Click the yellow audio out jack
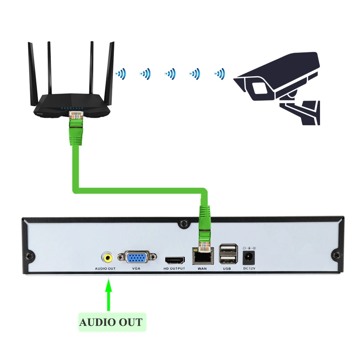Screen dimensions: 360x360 tap(107, 257)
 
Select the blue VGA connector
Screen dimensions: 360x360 tap(136, 258)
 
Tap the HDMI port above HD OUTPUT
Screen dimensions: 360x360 tap(175, 260)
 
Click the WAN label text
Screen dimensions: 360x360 tap(202, 269)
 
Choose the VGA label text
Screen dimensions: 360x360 tap(136, 269)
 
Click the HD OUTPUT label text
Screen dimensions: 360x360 tap(174, 269)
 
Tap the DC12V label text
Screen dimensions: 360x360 tap(249, 269)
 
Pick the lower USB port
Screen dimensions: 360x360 tap(229, 259)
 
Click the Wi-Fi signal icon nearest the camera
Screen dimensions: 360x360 tap(219, 74)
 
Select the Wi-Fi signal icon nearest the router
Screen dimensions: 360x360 tap(121, 74)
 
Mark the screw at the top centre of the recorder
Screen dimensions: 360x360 tap(184, 223)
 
